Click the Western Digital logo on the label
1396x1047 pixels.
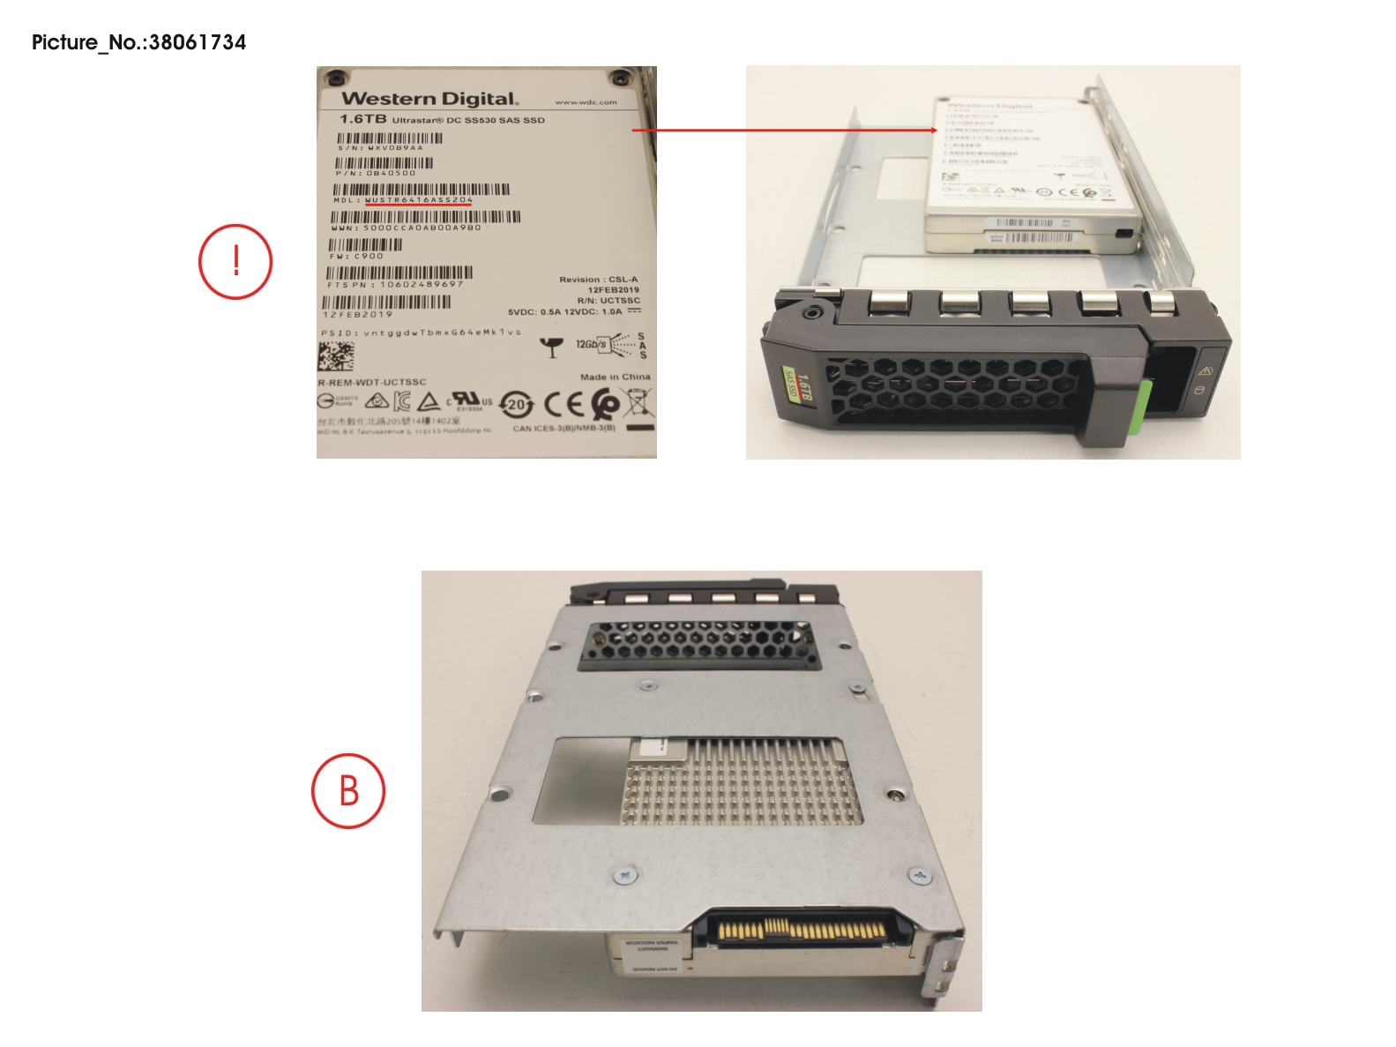[429, 99]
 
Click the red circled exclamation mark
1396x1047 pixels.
[235, 262]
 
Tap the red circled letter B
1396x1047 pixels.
[348, 790]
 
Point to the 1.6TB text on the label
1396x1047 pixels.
[362, 119]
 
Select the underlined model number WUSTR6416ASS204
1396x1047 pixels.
[419, 200]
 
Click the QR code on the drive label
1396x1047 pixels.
[335, 356]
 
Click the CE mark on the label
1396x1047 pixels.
[563, 404]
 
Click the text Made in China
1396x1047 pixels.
[615, 377]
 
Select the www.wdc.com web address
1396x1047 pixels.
[586, 102]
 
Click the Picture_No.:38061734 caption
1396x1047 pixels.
[138, 42]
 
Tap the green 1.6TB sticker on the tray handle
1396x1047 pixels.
[798, 385]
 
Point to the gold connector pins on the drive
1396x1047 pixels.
[803, 930]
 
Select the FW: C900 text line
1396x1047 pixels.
[356, 257]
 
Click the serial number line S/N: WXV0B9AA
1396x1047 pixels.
[380, 148]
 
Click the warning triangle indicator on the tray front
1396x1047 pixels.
[1205, 371]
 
